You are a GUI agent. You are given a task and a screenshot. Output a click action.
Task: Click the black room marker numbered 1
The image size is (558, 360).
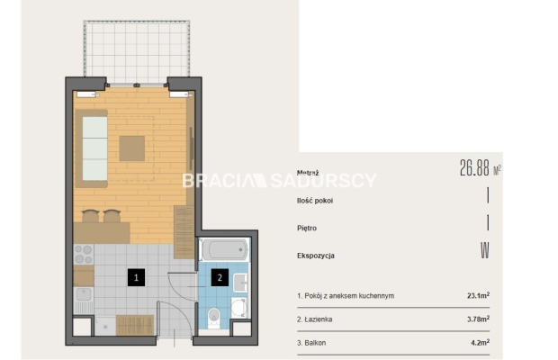(x=136, y=277)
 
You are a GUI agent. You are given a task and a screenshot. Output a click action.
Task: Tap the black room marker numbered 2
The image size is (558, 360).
(x=220, y=277)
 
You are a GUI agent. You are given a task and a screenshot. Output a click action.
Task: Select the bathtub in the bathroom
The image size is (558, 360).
(x=224, y=249)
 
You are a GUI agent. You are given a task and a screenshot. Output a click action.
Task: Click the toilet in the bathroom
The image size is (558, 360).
(x=214, y=318)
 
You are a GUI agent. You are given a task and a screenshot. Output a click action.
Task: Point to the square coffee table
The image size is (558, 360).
(x=132, y=148)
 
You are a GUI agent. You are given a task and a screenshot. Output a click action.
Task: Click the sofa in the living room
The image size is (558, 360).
(x=92, y=148)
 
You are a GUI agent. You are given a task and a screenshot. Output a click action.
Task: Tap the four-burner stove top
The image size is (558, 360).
(x=84, y=255)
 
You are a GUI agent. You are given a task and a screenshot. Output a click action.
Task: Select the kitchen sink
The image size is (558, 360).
(x=84, y=295)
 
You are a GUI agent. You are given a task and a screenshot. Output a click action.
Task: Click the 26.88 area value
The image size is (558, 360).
(x=474, y=168)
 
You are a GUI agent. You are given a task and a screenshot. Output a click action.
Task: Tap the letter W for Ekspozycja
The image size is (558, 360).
(x=485, y=250)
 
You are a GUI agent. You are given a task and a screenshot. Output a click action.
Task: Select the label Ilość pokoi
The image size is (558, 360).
(x=315, y=201)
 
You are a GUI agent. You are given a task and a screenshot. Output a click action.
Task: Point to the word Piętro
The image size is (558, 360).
(x=307, y=228)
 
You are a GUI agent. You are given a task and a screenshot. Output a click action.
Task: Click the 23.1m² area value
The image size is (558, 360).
(x=478, y=295)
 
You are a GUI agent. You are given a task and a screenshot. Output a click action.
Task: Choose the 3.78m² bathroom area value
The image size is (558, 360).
(x=478, y=319)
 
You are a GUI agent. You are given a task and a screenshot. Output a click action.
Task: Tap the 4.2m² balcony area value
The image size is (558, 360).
(x=480, y=343)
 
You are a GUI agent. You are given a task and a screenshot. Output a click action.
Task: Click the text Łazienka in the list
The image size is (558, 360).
(x=318, y=319)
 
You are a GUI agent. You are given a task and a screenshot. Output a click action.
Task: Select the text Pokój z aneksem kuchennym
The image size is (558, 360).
(x=349, y=295)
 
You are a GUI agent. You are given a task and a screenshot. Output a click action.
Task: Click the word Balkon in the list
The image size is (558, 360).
(x=315, y=343)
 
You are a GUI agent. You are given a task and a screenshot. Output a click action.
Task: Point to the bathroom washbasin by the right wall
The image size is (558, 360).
(x=240, y=283)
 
